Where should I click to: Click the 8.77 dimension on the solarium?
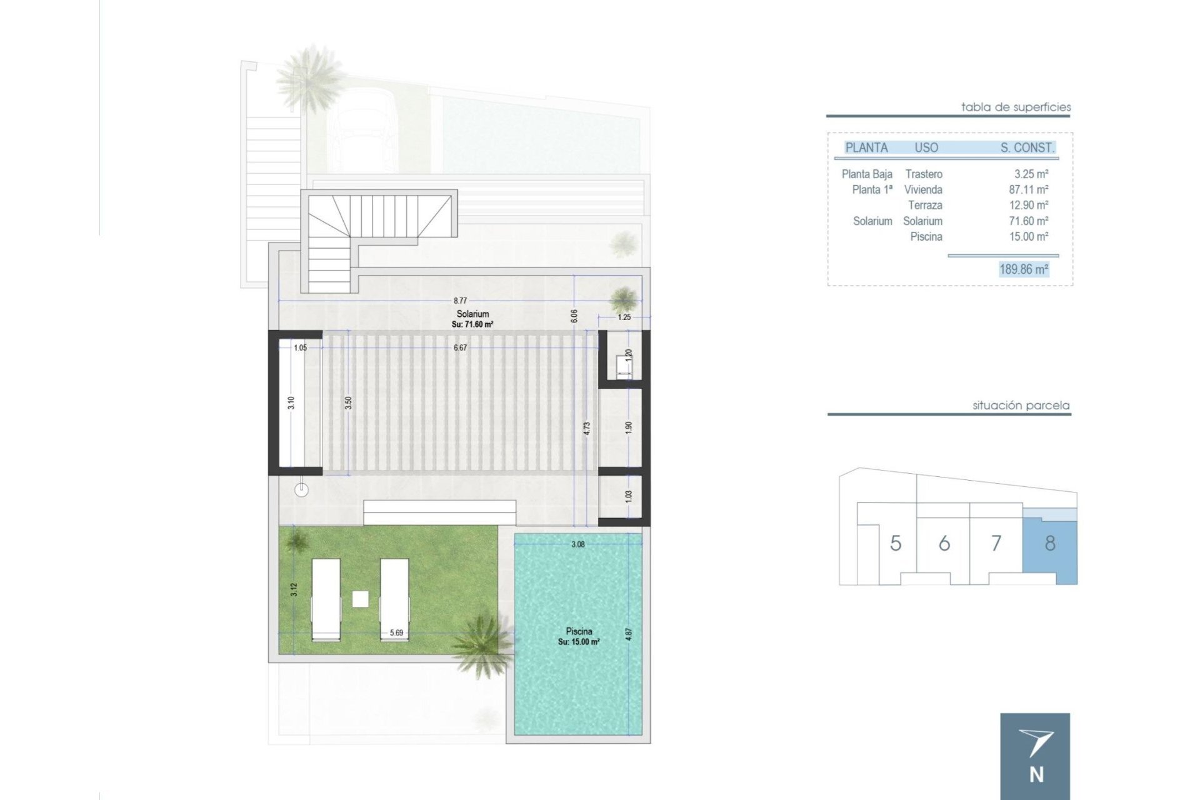(x=460, y=301)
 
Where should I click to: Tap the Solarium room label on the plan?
(x=472, y=314)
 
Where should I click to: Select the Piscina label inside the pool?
(x=579, y=631)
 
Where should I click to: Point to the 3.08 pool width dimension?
(x=578, y=544)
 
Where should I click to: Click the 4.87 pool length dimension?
(x=629, y=634)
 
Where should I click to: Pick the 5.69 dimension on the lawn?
(x=396, y=632)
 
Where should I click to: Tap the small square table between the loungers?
(x=360, y=599)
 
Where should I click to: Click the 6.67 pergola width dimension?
(x=460, y=347)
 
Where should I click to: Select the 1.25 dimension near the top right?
(x=624, y=317)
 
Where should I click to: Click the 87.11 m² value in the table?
(x=1028, y=189)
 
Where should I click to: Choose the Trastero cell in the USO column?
(x=924, y=174)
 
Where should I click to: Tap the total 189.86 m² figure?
(x=1024, y=269)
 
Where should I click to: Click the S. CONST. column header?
(x=1027, y=148)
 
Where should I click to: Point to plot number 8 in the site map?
(x=1050, y=543)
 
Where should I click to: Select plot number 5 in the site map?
(x=896, y=543)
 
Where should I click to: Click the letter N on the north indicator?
(x=1036, y=775)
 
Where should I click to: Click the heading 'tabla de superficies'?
(x=1016, y=107)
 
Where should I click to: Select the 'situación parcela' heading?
(x=1021, y=406)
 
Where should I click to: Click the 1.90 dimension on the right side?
(x=629, y=427)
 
